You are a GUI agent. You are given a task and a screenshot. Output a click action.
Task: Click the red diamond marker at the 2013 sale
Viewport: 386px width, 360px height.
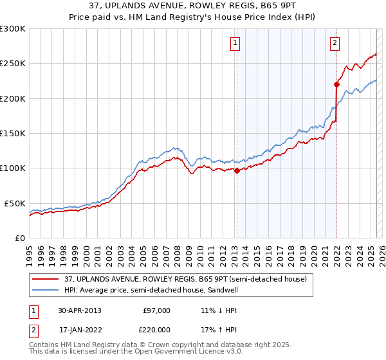pyautogui.click(x=237, y=170)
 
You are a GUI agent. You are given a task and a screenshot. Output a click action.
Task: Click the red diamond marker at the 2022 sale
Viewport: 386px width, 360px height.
pyautogui.click(x=336, y=84)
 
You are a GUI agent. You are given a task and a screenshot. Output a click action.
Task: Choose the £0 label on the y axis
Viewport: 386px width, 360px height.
pyautogui.click(x=19, y=238)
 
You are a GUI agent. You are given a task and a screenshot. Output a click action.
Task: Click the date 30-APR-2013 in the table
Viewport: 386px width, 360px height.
pyautogui.click(x=79, y=310)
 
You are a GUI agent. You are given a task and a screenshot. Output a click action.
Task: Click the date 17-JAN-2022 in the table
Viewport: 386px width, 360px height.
pyautogui.click(x=79, y=329)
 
